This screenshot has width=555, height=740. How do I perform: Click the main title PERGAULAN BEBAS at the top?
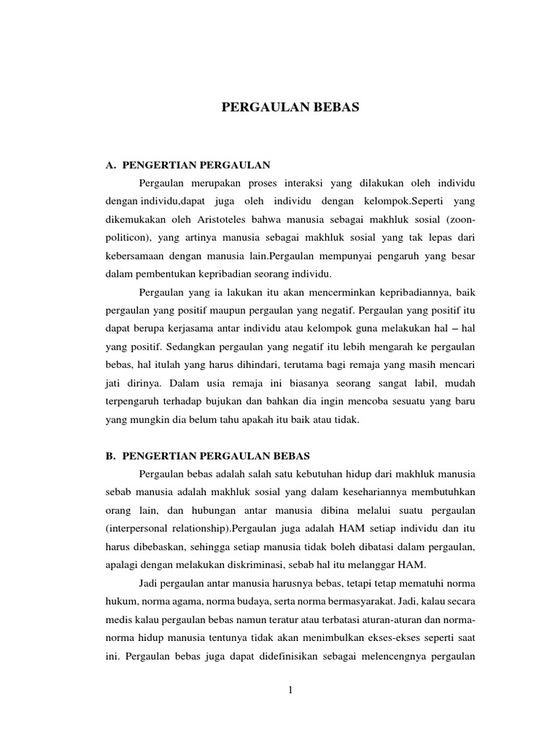tap(289, 108)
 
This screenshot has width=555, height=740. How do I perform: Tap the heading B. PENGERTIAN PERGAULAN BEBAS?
tap(207, 456)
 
